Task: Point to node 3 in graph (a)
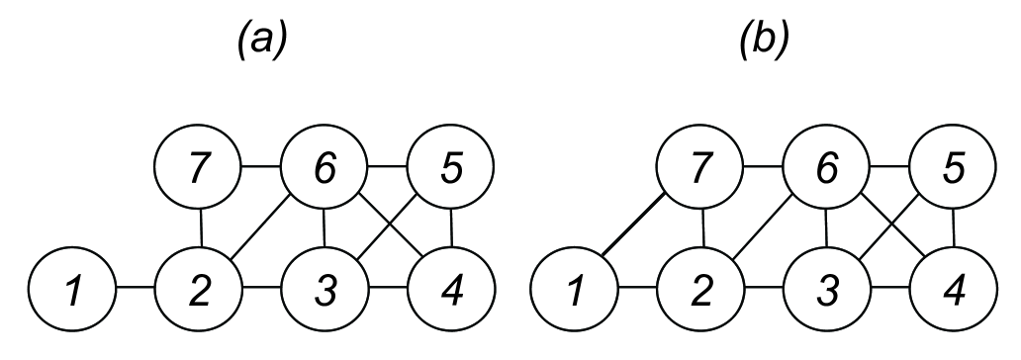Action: (x=325, y=294)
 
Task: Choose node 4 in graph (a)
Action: (x=451, y=294)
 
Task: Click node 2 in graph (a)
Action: (x=200, y=294)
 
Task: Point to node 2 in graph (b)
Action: (x=702, y=294)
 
